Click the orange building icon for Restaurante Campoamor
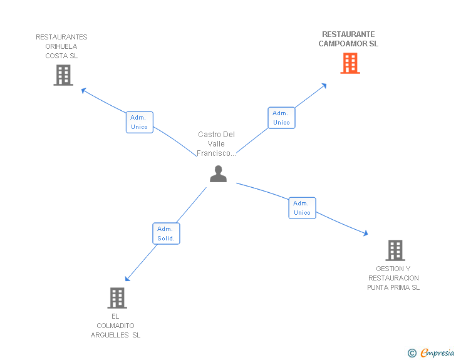350,63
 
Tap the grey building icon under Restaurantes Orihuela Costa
63,75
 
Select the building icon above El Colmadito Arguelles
117,298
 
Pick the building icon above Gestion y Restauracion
395,250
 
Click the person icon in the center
218,174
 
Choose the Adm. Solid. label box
166,234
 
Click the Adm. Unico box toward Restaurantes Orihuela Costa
139,122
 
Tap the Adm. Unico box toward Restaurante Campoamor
281,118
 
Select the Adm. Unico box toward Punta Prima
302,208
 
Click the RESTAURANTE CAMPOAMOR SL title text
348,39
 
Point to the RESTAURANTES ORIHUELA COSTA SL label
61,46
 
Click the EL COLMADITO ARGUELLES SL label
116,326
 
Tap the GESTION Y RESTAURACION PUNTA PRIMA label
393,278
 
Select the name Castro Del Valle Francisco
216,144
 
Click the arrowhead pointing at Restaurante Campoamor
324,85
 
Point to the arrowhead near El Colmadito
128,279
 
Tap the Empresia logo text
438,353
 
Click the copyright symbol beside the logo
412,353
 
